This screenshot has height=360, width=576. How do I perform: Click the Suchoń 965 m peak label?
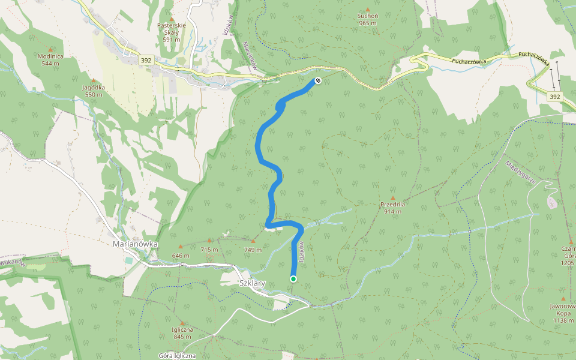click(367, 19)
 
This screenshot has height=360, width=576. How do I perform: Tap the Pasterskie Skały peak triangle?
click(171, 19)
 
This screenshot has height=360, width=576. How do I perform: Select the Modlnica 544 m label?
click(50, 59)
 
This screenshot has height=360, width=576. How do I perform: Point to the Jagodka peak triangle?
click(93, 80)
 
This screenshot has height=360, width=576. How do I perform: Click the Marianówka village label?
click(135, 244)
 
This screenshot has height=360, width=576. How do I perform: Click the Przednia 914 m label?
click(393, 208)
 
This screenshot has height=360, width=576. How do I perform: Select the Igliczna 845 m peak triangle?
click(182, 323)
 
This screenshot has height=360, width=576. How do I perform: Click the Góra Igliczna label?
click(177, 355)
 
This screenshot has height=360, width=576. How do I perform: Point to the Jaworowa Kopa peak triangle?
click(563, 298)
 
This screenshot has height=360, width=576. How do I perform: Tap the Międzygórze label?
click(520, 172)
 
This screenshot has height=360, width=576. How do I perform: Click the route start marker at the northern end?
click(318, 80)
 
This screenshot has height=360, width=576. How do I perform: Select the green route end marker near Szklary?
click(293, 278)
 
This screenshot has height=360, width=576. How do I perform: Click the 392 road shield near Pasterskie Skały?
click(146, 60)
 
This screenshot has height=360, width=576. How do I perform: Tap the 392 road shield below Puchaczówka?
click(554, 96)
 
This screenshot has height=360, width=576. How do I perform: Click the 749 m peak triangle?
click(253, 241)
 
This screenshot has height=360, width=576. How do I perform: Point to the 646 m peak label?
click(181, 256)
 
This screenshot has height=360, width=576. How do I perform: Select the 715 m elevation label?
click(209, 249)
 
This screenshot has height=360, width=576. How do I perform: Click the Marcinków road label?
click(250, 56)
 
